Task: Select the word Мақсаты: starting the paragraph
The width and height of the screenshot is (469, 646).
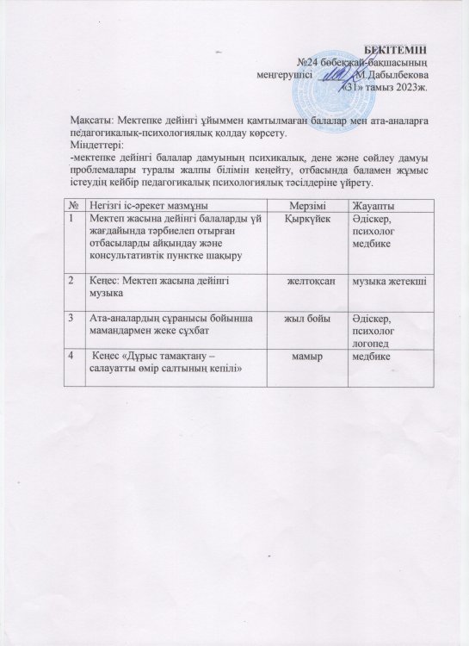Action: pyautogui.click(x=95, y=121)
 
